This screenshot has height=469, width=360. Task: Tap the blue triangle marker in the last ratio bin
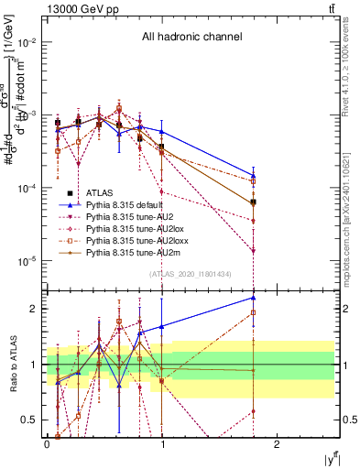tap(253, 298)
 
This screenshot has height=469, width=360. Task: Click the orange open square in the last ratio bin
tap(253, 312)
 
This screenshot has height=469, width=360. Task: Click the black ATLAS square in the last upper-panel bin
tap(253, 202)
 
